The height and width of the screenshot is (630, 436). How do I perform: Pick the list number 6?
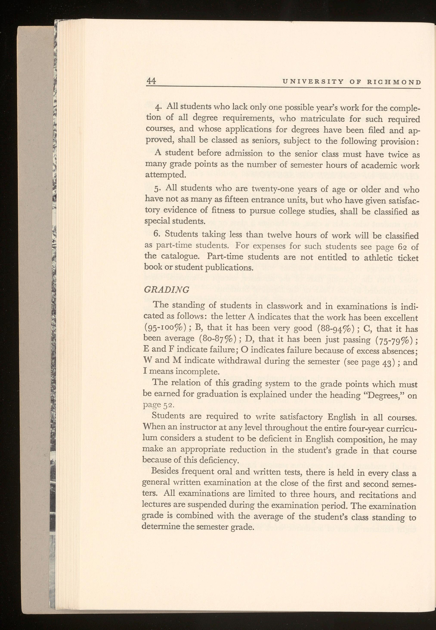pyautogui.click(x=157, y=235)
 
